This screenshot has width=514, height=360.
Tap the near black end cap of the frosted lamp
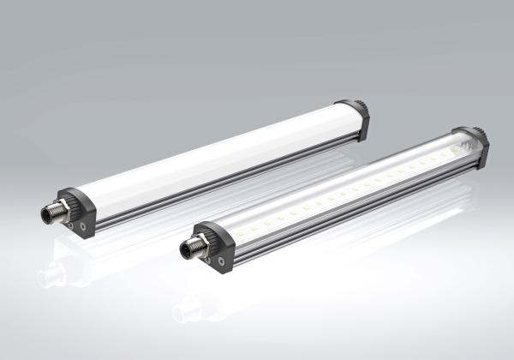[x=78, y=212]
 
